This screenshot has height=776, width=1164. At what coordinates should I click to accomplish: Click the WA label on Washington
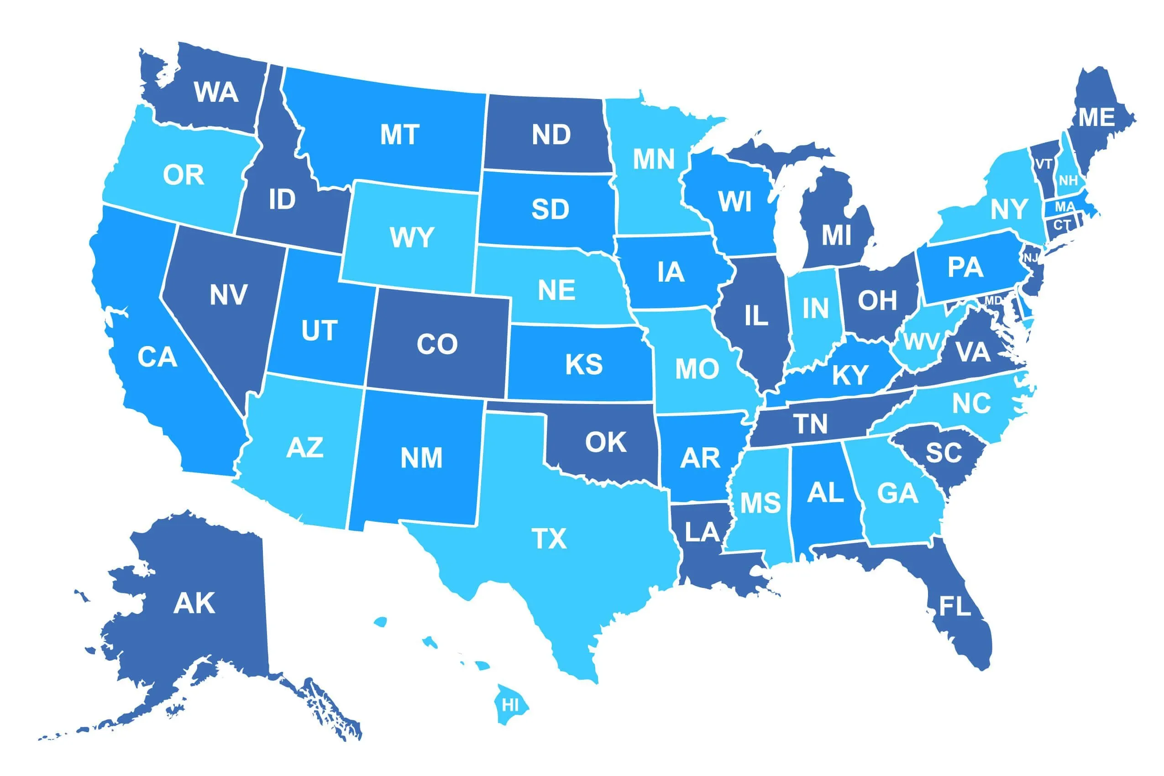[x=216, y=92]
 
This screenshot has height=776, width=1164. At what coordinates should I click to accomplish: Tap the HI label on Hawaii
[x=510, y=705]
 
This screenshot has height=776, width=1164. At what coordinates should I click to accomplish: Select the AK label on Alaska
[x=194, y=603]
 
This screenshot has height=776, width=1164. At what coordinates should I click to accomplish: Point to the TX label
[x=549, y=539]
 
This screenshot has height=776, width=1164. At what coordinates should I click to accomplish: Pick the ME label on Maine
[x=1097, y=118]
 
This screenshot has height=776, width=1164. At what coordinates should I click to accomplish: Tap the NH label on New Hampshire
[x=1068, y=181]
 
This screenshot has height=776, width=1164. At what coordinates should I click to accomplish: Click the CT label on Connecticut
[x=1062, y=225]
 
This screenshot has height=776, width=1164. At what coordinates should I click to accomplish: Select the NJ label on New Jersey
[x=1031, y=258]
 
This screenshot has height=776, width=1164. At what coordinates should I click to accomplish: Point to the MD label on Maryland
[x=993, y=300]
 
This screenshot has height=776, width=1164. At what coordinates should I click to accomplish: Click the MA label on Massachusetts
[x=1064, y=206]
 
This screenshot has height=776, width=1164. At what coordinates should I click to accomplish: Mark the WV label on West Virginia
[x=922, y=341]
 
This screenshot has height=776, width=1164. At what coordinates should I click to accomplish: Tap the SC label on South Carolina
[x=944, y=453]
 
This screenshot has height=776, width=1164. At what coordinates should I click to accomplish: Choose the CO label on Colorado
[x=437, y=344]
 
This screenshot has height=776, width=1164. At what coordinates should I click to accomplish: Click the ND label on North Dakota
[x=551, y=135]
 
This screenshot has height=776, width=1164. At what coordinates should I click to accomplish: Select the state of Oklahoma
[x=606, y=442]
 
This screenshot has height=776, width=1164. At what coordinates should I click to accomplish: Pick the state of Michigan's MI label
[x=836, y=235]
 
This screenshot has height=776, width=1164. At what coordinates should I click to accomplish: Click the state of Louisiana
[x=702, y=532]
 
